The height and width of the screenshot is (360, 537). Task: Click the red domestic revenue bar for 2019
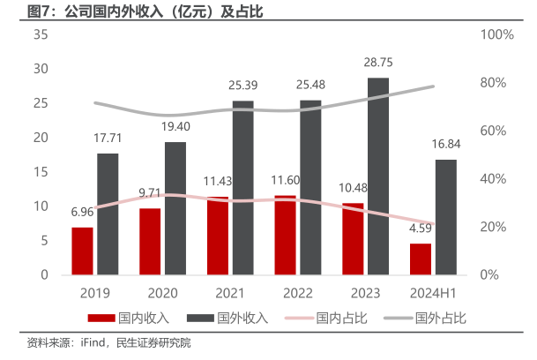[x=82, y=251]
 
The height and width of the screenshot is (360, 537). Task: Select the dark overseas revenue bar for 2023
[x=377, y=176]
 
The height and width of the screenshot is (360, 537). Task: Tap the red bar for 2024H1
[x=421, y=259]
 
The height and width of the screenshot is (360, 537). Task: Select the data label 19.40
[x=175, y=128]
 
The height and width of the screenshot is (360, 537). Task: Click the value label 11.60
[x=286, y=181]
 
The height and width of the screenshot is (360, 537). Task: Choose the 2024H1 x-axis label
[x=433, y=292]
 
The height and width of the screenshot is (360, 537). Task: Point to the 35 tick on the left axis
[x=41, y=34]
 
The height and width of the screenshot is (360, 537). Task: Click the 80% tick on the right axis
[x=496, y=83]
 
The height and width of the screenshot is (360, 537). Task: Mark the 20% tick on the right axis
[x=496, y=228]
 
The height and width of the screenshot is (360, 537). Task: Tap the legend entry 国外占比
[x=446, y=317]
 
